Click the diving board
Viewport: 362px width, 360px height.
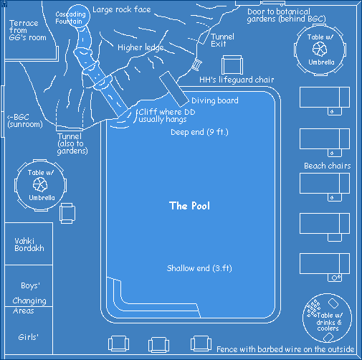(x=174, y=89)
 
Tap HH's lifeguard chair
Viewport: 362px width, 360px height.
(x=232, y=65)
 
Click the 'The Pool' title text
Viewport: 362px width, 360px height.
(x=189, y=206)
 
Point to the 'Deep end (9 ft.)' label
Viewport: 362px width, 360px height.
(x=199, y=132)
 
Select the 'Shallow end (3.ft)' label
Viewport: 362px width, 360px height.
(x=199, y=268)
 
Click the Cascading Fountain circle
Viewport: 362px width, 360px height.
(x=78, y=16)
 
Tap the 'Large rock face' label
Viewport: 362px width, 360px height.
(x=122, y=9)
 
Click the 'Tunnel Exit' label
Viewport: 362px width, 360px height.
(x=222, y=40)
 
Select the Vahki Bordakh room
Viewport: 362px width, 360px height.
(x=29, y=244)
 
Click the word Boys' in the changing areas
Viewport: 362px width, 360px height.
(x=30, y=285)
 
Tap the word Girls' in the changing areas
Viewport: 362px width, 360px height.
(x=28, y=337)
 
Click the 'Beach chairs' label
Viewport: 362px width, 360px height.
(x=328, y=166)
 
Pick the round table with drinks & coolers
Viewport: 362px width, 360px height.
(x=327, y=318)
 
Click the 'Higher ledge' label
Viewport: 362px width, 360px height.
(x=140, y=47)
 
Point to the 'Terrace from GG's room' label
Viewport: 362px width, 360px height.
(x=27, y=30)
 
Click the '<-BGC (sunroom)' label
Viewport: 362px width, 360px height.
(x=24, y=120)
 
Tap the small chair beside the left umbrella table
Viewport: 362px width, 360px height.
(x=67, y=213)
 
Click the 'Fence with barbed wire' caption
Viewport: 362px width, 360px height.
(x=285, y=349)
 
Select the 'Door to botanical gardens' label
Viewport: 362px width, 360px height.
(x=286, y=15)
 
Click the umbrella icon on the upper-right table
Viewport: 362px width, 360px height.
(x=320, y=49)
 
